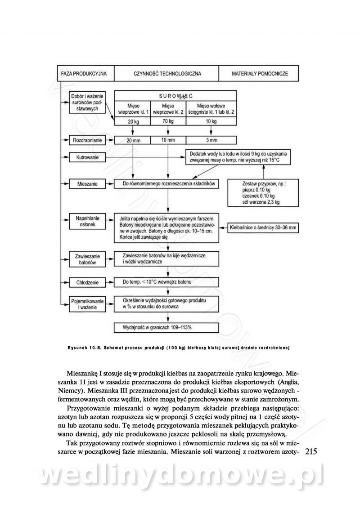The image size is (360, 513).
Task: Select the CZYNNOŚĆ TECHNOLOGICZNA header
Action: point(167,73)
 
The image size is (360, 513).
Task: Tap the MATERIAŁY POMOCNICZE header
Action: point(259,73)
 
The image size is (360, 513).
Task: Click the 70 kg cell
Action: point(167,121)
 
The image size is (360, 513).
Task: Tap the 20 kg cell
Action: point(132,121)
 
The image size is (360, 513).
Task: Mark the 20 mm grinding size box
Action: point(132,140)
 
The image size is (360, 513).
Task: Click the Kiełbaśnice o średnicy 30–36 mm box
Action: point(264,228)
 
